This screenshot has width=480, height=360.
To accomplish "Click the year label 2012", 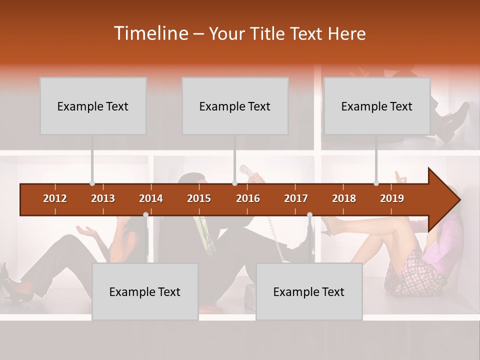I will click(x=55, y=198).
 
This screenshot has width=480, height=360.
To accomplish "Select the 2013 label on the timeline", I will click(x=103, y=198).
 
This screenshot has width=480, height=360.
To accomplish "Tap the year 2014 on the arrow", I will click(x=151, y=198).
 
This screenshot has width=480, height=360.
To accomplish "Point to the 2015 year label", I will click(x=199, y=198).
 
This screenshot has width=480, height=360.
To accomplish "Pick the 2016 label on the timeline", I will click(x=248, y=198).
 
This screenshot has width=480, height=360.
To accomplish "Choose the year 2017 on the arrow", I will click(x=296, y=198).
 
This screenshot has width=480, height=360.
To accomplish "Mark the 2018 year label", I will click(x=344, y=198).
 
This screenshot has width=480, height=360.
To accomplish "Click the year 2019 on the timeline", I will click(x=392, y=198).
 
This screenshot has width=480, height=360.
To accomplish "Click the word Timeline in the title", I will click(x=150, y=33).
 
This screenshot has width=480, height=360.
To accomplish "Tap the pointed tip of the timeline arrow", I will click(x=459, y=200).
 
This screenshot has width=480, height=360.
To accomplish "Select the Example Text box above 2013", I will click(x=93, y=106).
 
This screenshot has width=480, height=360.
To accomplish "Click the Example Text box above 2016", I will click(x=235, y=106).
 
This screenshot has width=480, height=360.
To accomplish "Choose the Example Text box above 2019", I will click(x=377, y=106).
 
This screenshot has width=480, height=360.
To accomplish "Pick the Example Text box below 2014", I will click(x=145, y=291).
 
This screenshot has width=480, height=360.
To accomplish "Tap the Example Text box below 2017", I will click(x=309, y=291).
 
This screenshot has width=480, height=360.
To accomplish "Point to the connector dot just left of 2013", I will click(x=92, y=183).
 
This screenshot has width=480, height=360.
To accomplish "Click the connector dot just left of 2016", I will click(x=234, y=183).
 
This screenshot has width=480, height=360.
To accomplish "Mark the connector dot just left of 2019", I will click(x=376, y=183).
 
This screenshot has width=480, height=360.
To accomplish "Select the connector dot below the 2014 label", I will click(x=145, y=215).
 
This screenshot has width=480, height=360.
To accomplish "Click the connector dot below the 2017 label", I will click(x=309, y=215).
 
